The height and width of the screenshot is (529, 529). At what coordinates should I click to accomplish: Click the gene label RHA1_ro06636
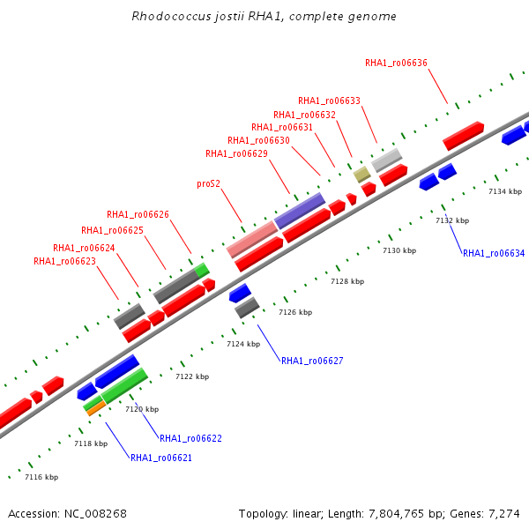396,63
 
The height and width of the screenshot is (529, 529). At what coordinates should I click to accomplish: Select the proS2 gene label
208,184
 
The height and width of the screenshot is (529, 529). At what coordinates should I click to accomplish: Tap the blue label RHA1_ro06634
494,253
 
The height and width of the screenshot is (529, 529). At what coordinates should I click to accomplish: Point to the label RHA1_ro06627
312,361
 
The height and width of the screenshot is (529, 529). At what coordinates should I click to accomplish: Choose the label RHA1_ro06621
161,458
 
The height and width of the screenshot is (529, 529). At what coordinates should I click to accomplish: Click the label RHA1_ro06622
191,438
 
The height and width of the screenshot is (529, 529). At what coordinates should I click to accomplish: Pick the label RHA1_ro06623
64,261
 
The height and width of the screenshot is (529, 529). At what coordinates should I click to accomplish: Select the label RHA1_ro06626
138,214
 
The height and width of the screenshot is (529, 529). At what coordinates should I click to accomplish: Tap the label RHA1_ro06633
329,101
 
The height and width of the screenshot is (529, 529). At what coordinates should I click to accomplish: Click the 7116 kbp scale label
41,477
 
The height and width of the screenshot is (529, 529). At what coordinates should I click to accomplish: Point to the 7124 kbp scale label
243,344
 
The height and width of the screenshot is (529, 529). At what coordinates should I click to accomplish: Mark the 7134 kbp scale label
505,191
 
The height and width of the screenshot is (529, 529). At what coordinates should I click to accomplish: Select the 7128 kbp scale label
347,281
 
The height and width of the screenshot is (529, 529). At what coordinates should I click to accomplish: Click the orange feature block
96,408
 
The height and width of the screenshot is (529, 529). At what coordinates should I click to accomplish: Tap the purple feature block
300,211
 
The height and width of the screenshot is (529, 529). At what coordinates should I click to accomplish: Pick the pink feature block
252,240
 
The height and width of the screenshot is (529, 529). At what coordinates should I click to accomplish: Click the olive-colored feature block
362,175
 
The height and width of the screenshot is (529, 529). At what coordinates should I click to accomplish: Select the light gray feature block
387,160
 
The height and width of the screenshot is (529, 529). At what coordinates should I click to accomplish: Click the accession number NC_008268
95,514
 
